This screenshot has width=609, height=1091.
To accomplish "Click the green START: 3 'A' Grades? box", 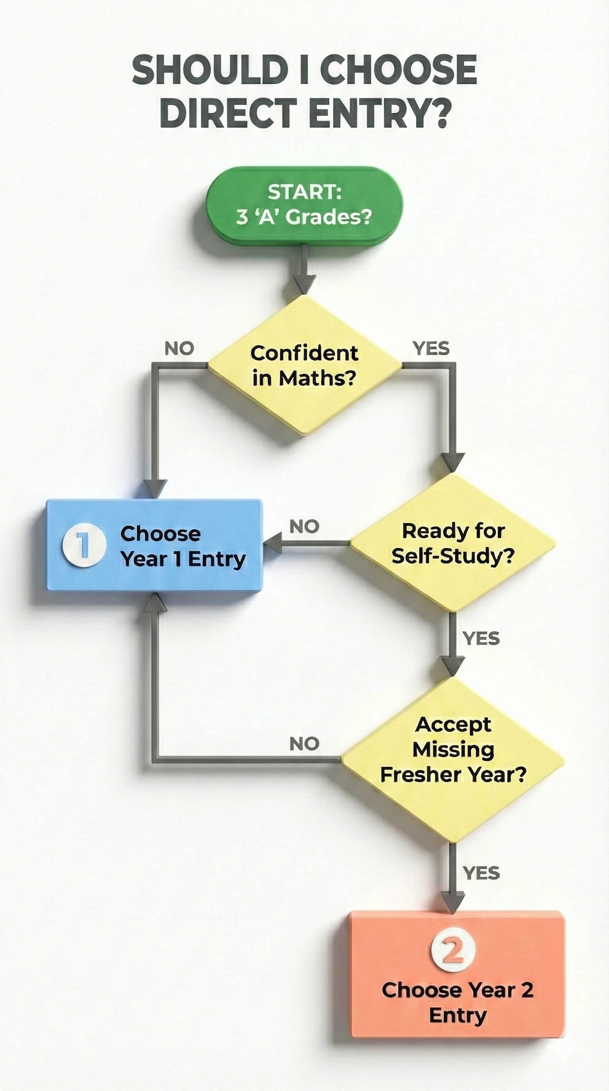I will pyautogui.click(x=303, y=204).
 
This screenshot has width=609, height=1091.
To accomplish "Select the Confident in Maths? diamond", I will pyautogui.click(x=304, y=365).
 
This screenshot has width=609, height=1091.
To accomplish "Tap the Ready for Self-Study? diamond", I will pyautogui.click(x=452, y=543).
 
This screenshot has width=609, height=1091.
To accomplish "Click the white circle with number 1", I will pyautogui.click(x=84, y=545).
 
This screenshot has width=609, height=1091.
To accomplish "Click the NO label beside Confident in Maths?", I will pyautogui.click(x=179, y=349).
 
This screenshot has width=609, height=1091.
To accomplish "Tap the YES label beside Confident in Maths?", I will pyautogui.click(x=431, y=349).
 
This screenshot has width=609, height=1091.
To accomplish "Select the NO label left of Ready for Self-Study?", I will pyautogui.click(x=304, y=527).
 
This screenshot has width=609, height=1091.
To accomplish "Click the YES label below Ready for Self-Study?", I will pyautogui.click(x=481, y=638).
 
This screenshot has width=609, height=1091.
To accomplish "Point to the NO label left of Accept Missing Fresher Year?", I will pyautogui.click(x=304, y=744).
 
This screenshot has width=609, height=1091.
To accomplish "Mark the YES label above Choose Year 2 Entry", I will pyautogui.click(x=481, y=873).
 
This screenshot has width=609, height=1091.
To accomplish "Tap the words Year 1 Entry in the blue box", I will pyautogui.click(x=183, y=559).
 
